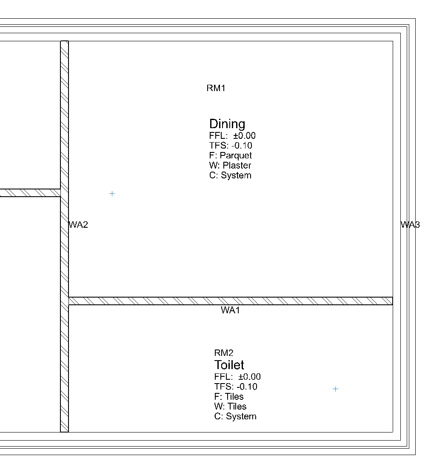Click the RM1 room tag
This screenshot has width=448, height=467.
click(x=216, y=89)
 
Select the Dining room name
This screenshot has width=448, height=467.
click(x=227, y=124)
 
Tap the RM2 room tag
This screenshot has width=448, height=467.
click(x=224, y=353)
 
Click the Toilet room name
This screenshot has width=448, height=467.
click(x=229, y=365)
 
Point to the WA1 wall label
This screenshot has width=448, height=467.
click(x=231, y=310)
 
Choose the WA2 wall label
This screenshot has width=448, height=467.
click(x=79, y=225)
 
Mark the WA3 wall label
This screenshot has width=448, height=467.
click(x=410, y=225)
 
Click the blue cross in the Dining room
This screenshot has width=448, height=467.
click(x=112, y=194)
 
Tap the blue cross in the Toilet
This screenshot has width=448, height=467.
click(x=335, y=389)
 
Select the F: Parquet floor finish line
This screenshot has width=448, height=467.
click(x=231, y=155)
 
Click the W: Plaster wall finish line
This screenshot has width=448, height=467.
click(x=230, y=165)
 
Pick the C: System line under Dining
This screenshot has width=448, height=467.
click(x=230, y=175)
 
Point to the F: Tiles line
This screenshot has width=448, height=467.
click(x=229, y=396)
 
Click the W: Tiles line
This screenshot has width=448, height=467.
click(x=230, y=406)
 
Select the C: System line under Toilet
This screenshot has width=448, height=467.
click(x=235, y=416)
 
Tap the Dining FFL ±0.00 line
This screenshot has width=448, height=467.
click(x=232, y=136)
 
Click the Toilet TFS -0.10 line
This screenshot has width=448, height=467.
click(x=236, y=387)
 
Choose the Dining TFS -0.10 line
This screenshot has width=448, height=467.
click(x=231, y=146)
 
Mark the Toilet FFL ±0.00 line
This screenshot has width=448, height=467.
click(x=237, y=377)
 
